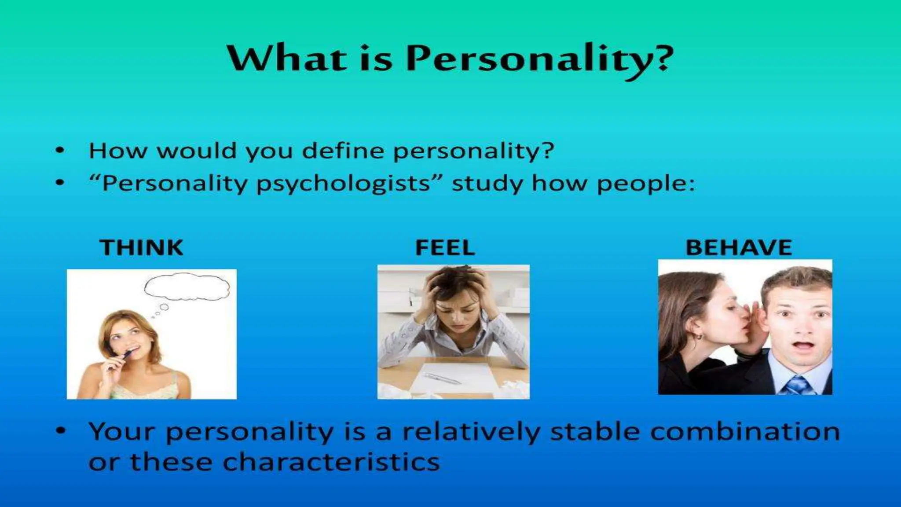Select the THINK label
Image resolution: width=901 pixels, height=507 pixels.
pos(141,247)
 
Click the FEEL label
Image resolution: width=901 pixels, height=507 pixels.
pos(445,247)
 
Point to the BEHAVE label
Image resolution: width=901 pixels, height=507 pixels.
pos(739,247)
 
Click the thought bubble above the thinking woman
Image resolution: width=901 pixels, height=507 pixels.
pos(187,287)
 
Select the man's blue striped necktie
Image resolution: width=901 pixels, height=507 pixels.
pos(797,386)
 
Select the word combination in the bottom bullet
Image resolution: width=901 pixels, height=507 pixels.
pos(745,431)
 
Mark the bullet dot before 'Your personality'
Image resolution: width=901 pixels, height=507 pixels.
pos(60,432)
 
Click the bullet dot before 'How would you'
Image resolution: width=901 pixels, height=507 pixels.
pos(60,151)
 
